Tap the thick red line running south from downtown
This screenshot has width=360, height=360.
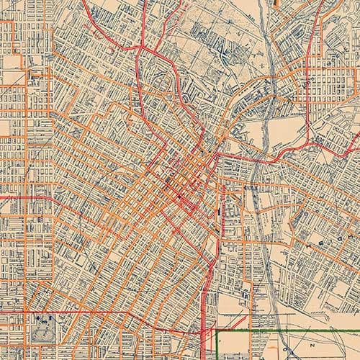(207, 288)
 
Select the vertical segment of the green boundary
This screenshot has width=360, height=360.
(217, 346)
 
